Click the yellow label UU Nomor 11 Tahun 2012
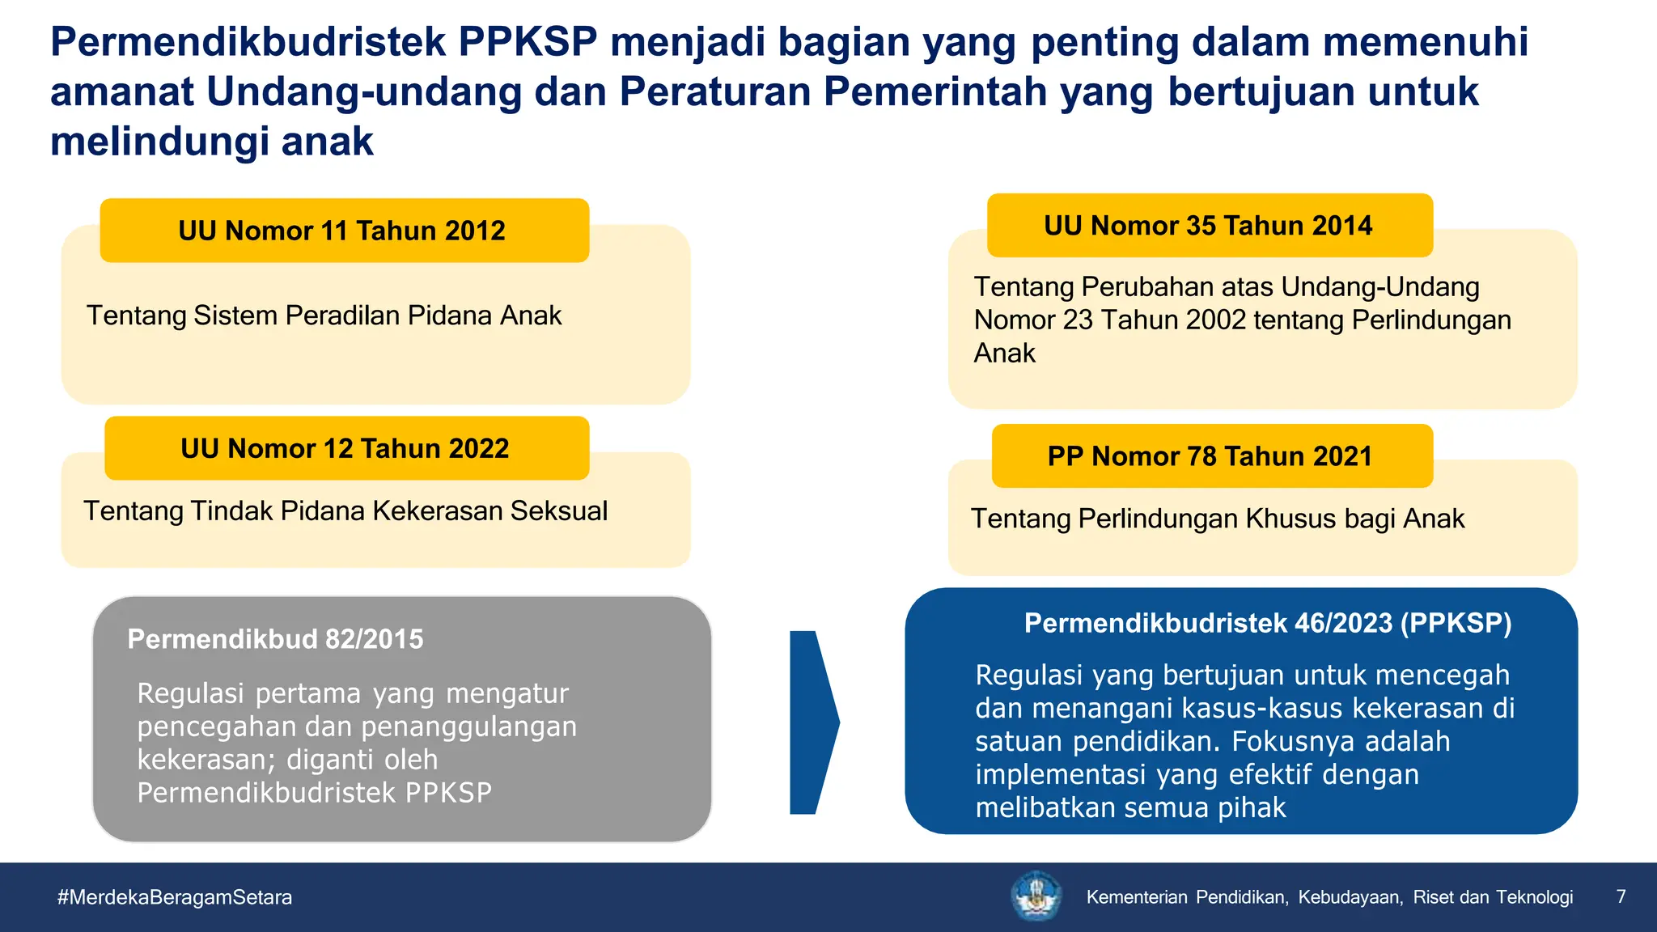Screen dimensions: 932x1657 tap(344, 231)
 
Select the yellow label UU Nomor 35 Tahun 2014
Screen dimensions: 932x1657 tap(1209, 226)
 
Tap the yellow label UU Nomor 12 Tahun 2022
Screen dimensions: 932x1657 tap(345, 448)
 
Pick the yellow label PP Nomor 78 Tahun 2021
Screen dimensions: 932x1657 tap(1210, 456)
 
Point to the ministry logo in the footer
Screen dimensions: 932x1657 tap(1036, 896)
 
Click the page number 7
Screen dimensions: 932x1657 tap(1621, 896)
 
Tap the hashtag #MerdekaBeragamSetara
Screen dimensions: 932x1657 tap(175, 897)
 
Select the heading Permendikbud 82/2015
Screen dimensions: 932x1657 tap(275, 639)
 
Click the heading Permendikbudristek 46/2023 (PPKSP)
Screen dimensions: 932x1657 tap(1268, 623)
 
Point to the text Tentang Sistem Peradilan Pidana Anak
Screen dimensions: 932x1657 tap(324, 316)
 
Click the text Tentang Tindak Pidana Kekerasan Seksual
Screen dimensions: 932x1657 tap(345, 511)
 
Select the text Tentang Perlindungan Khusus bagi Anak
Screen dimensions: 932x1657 tap(1218, 519)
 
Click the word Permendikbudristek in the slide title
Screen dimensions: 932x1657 tap(248, 42)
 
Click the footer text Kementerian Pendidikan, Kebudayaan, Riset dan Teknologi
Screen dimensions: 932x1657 tap(1329, 897)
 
